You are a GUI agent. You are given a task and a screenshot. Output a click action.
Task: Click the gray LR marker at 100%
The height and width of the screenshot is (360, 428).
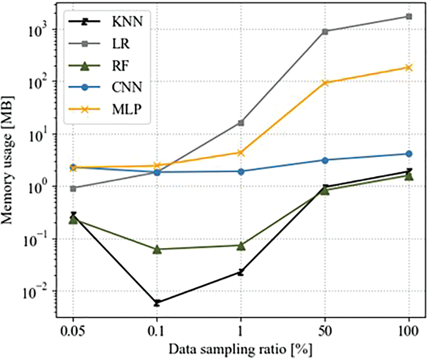pyautogui.click(x=409, y=17)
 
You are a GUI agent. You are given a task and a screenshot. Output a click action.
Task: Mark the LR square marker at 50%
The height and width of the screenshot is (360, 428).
pyautogui.click(x=325, y=31)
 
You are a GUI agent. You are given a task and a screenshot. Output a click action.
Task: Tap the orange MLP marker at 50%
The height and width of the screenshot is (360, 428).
pyautogui.click(x=325, y=83)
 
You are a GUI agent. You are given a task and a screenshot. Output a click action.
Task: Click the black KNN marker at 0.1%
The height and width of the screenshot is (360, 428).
pyautogui.click(x=157, y=303)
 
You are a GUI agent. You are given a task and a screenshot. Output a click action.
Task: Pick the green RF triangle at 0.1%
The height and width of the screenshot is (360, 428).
pyautogui.click(x=157, y=249)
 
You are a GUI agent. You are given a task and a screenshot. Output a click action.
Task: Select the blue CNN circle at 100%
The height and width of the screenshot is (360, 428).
pyautogui.click(x=409, y=154)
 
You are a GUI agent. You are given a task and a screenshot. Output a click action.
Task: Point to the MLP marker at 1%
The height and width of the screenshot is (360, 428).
pyautogui.click(x=241, y=152)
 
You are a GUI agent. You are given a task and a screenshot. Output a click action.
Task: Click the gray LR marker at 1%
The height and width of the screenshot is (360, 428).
pyautogui.click(x=241, y=123)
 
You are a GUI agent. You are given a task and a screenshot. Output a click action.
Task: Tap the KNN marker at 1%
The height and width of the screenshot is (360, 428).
pyautogui.click(x=241, y=272)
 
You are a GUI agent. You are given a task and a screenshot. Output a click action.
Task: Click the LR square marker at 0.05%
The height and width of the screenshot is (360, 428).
pyautogui.click(x=73, y=188)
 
